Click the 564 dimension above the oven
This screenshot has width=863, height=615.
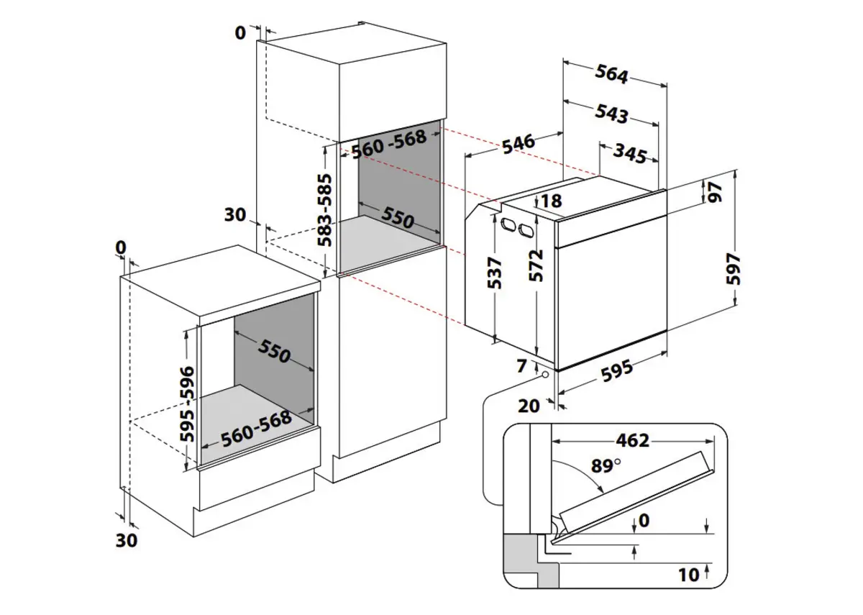[611, 73]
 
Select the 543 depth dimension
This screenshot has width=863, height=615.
[611, 113]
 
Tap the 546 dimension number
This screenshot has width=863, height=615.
[518, 142]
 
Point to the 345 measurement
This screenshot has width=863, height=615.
[629, 152]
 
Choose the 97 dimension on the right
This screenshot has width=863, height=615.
[714, 193]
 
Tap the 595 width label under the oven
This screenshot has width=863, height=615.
[616, 368]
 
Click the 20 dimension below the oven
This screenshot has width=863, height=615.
[529, 406]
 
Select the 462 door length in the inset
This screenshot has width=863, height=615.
[632, 440]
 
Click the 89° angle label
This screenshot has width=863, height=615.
[605, 465]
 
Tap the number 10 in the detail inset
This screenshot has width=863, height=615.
[688, 575]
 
